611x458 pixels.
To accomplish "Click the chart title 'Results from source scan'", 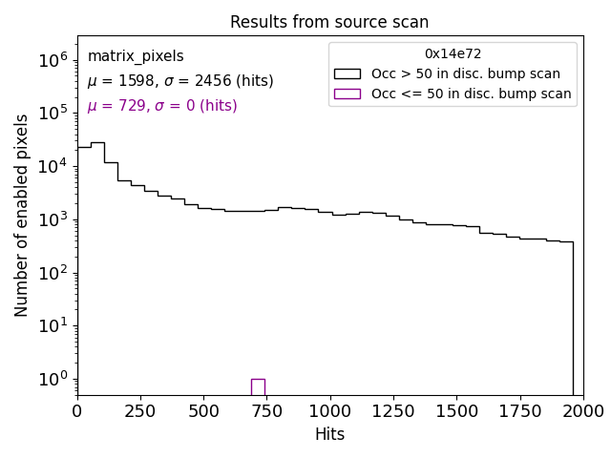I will [x=329, y=22].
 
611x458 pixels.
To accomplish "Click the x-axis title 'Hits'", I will [x=329, y=434].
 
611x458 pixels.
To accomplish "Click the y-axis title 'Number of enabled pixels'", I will [x=22, y=216].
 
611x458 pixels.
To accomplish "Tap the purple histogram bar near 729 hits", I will [x=258, y=386].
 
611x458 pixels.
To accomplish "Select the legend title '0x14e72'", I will [x=453, y=54].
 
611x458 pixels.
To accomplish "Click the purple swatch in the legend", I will [x=348, y=94].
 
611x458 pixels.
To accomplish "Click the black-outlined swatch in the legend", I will [x=348, y=73].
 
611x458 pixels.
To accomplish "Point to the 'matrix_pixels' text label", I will [x=136, y=56].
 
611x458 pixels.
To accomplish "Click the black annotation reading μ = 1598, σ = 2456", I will [x=180, y=81].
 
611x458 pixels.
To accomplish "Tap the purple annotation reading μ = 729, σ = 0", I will [x=162, y=106].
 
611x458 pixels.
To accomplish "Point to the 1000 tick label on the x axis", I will [x=329, y=411].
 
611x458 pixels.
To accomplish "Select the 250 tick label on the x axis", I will [x=140, y=411].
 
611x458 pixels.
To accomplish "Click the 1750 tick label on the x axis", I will [x=519, y=411].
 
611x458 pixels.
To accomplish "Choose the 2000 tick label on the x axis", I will [x=582, y=411].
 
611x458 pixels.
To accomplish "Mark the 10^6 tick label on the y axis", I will [x=53, y=60].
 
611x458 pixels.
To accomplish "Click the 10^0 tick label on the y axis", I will [x=53, y=379].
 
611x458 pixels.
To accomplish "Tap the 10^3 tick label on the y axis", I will [x=53, y=219].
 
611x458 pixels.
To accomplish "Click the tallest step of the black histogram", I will [x=97, y=143].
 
